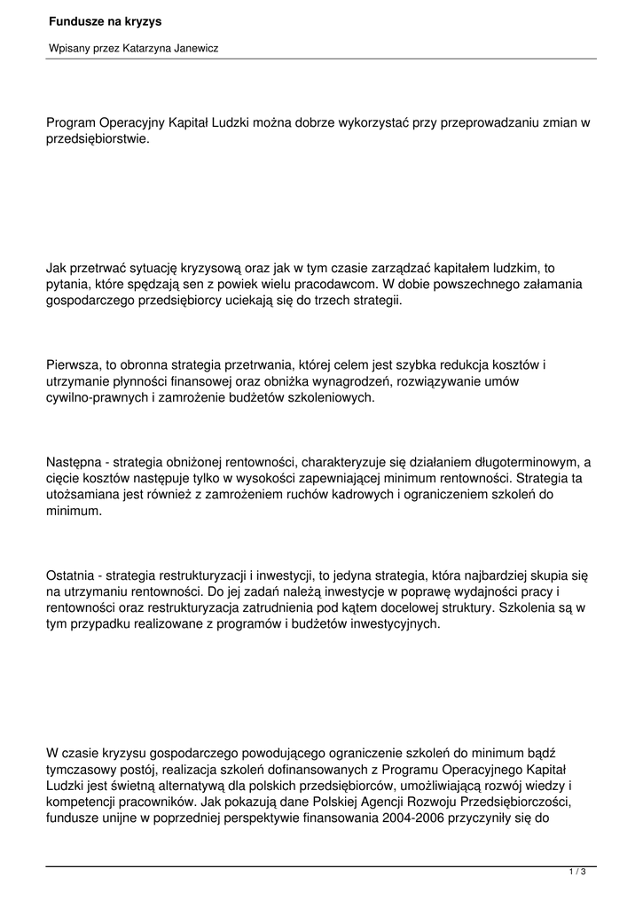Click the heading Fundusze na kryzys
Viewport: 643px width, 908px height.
pos(98,20)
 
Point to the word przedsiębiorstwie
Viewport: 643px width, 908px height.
pos(98,139)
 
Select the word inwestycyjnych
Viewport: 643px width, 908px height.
pos(393,624)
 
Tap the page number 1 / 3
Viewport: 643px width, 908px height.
pos(577,873)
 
